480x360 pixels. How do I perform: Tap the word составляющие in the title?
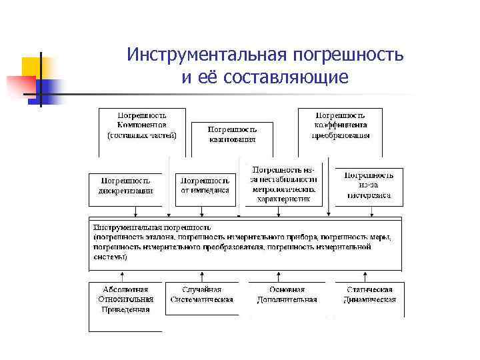click(287, 78)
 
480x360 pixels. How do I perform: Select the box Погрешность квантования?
click(231, 134)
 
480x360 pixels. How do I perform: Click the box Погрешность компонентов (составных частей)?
click(141, 125)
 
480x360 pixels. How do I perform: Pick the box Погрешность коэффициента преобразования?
click(340, 125)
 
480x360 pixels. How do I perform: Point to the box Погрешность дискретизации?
click(127, 185)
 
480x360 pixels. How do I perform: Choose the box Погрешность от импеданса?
click(205, 185)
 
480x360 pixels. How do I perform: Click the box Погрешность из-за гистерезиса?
click(369, 185)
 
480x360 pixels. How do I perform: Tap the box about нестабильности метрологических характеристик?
click(284, 184)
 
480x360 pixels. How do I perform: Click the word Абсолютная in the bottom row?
click(126, 290)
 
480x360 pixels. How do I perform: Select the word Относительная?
click(126, 299)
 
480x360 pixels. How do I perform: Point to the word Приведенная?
click(126, 309)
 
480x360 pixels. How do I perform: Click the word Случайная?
click(202, 290)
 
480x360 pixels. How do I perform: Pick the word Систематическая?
click(202, 299)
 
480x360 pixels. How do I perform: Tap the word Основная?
click(287, 290)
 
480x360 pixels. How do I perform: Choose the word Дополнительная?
click(287, 299)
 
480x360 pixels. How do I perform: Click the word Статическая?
click(369, 290)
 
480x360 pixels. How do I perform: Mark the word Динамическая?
click(369, 299)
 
